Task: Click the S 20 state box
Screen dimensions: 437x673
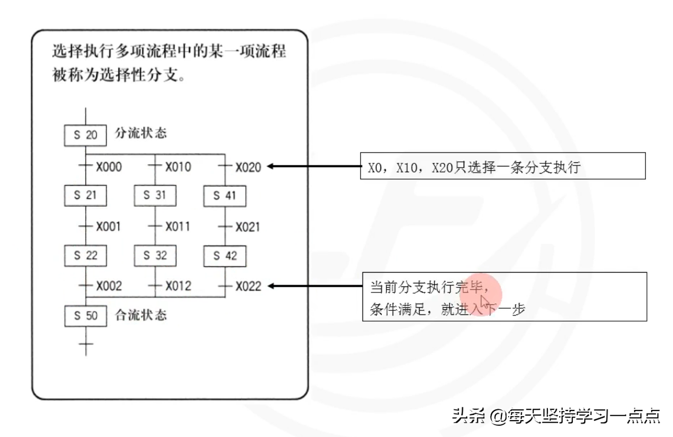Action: (x=85, y=135)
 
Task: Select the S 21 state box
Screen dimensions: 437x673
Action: (x=85, y=196)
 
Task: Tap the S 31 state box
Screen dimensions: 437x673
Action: (x=155, y=196)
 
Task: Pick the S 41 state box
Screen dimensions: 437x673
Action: (x=225, y=196)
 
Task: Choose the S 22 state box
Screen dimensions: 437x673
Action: (x=85, y=255)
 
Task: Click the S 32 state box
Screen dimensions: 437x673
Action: (x=155, y=255)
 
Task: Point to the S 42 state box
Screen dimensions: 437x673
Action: (x=225, y=255)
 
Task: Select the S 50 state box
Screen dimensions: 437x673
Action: (x=85, y=315)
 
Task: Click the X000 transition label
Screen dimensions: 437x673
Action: (x=109, y=166)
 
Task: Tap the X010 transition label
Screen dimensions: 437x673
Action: (x=178, y=166)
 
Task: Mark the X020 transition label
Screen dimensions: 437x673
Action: (x=248, y=166)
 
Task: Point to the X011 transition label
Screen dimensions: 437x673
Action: (x=178, y=226)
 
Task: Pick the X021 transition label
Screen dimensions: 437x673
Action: (x=248, y=226)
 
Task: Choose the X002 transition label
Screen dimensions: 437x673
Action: (x=109, y=286)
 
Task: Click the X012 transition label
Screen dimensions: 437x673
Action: (x=178, y=286)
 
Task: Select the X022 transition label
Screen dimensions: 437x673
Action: (x=248, y=286)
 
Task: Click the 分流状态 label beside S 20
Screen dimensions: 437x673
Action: (x=141, y=134)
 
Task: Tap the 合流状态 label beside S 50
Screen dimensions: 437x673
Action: (x=141, y=314)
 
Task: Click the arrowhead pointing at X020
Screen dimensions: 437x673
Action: (x=272, y=166)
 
